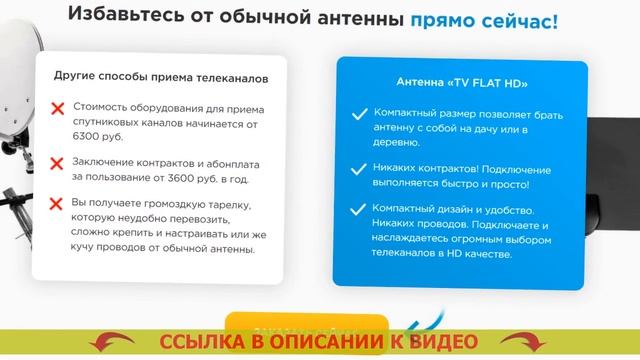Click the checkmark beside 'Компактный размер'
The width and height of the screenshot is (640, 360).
(359, 114)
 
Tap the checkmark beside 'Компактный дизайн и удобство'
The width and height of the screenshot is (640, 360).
(359, 210)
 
